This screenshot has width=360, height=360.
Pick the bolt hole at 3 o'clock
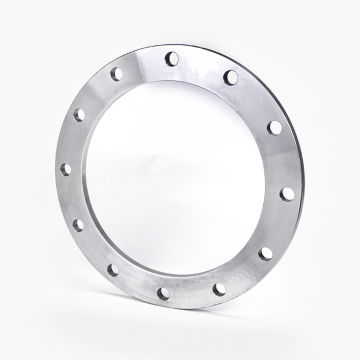coord(287,192)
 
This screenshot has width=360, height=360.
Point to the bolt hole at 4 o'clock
coord(265,254)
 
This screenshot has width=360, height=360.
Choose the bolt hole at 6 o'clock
coord(163,293)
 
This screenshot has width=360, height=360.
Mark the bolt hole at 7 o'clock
coord(112,270)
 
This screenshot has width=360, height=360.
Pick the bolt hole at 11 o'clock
coord(116,73)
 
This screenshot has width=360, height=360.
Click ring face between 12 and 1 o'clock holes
coord(202,65)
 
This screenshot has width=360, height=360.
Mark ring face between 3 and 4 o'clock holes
coord(279,225)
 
